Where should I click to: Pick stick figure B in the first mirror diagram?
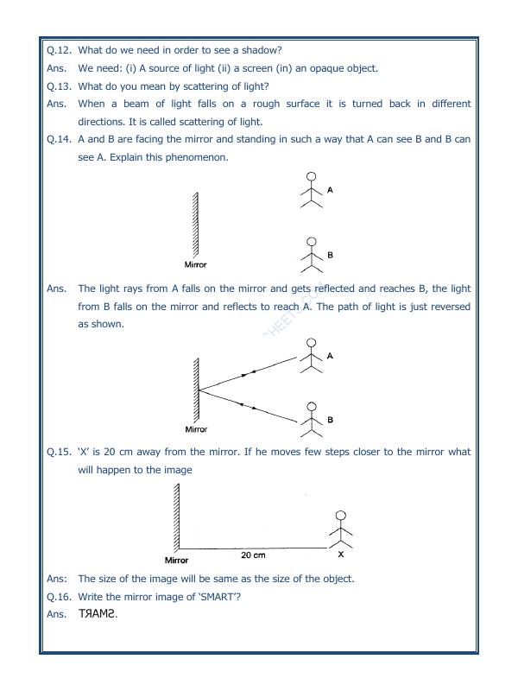(x=311, y=256)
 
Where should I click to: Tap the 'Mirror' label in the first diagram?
(x=196, y=265)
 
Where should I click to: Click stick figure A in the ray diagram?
(x=310, y=355)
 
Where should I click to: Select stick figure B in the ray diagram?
(x=311, y=420)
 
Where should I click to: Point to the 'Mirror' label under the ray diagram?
(x=196, y=429)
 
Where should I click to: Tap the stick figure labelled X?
(x=341, y=530)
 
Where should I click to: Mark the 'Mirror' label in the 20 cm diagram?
(x=176, y=561)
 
